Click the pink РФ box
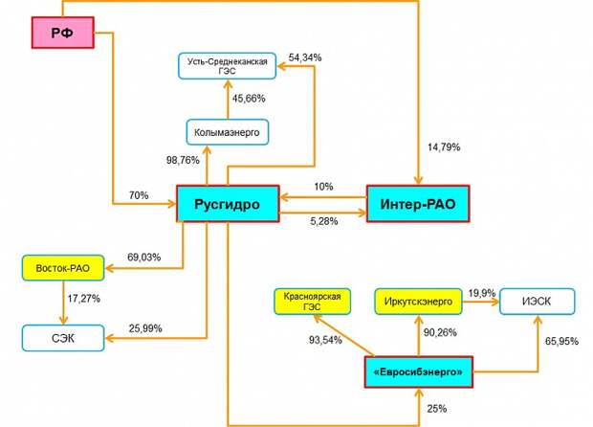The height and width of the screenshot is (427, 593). coord(63,33)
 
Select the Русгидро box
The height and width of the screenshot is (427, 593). coord(228,204)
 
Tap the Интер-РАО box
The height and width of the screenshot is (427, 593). coord(418,204)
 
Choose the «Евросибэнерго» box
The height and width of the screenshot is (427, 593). coord(418,371)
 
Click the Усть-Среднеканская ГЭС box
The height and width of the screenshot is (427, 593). coord(228,66)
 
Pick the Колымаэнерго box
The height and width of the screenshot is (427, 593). coord(228,132)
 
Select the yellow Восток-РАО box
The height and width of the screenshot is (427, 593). coord(63,268)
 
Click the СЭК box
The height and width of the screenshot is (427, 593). coord(63,338)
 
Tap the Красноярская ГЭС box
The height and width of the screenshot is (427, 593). coord(313,302)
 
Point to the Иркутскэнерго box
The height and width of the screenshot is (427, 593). coord(418,302)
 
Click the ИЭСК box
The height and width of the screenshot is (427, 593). coord(537,302)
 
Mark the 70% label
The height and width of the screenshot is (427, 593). coord(139,195)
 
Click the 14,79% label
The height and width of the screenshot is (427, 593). coord(444,146)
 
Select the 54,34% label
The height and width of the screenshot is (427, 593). coord(305,57)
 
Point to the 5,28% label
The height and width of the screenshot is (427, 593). coord(324,221)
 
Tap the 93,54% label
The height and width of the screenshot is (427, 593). coord(325,340)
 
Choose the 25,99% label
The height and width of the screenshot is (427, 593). coord(145,328)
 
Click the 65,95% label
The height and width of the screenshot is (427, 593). coord(561,341)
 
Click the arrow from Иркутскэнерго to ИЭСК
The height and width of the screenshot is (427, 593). coord(481,302)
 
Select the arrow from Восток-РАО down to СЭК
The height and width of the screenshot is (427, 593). coord(63,303)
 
